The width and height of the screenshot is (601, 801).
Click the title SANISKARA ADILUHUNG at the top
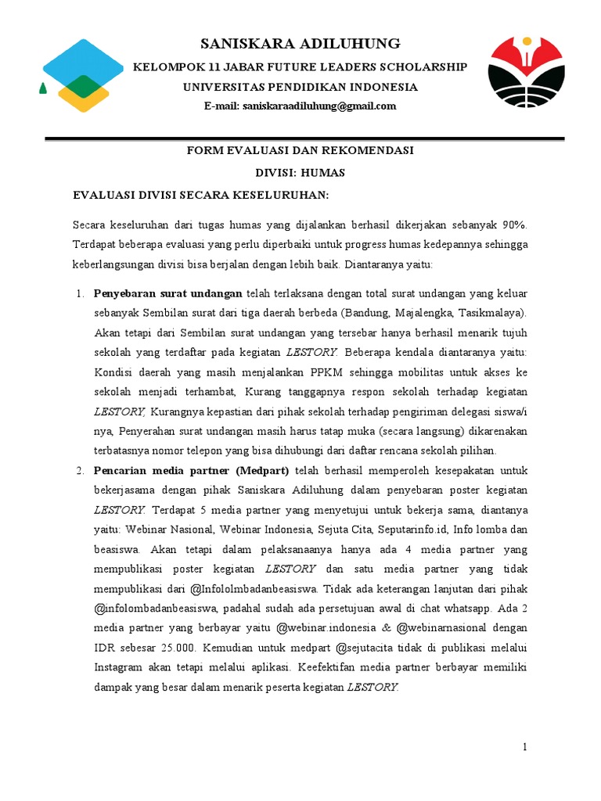[300, 43]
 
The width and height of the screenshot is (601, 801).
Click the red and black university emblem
[524, 77]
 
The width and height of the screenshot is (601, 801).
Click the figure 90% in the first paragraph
[513, 224]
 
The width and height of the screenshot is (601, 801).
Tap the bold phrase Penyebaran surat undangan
[168, 294]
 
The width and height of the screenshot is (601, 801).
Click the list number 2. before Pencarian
[80, 470]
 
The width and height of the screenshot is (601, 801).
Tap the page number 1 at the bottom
[526, 747]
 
